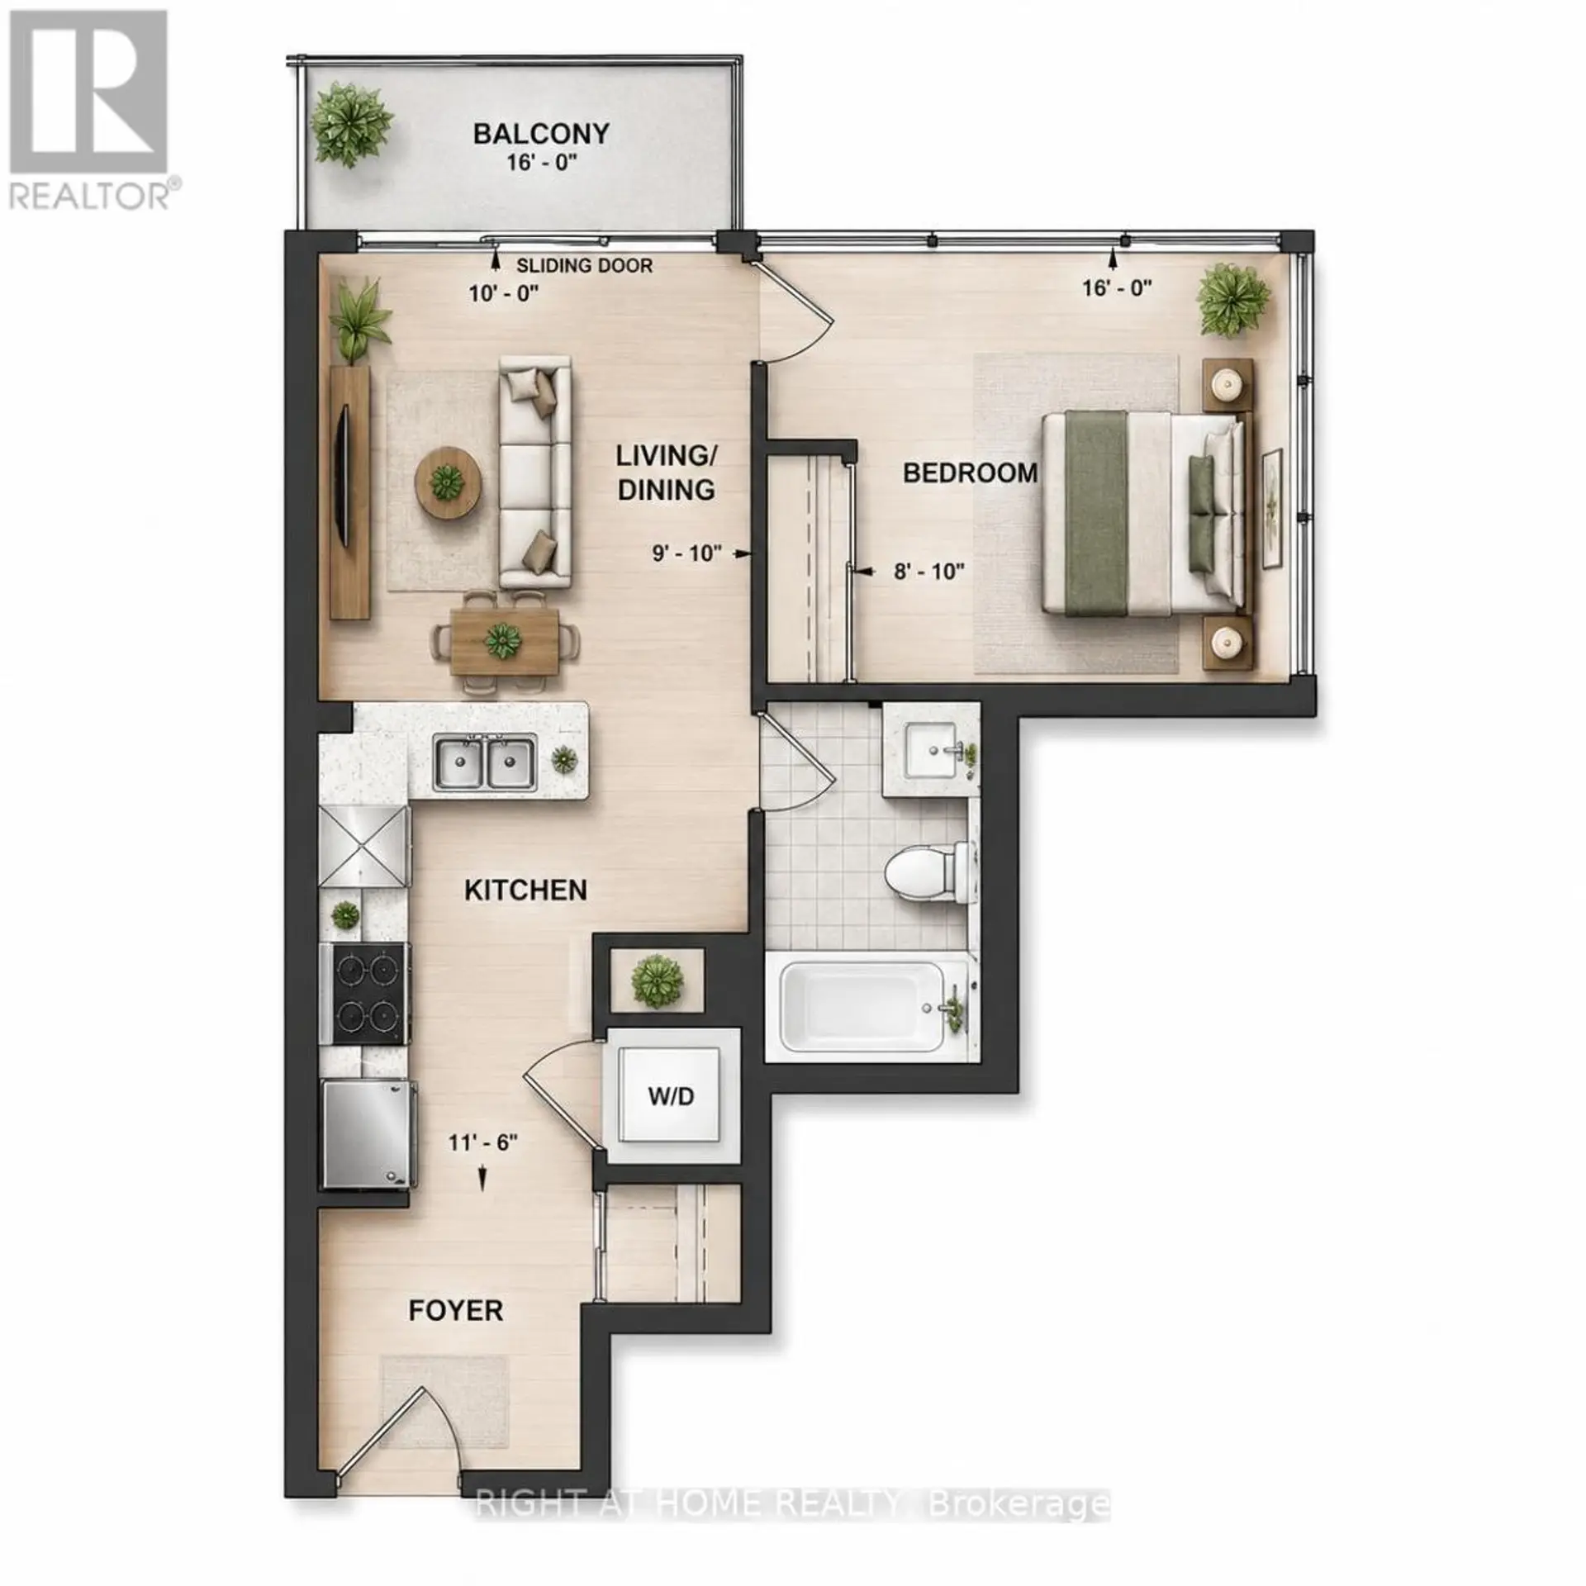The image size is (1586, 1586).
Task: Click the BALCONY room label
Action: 541,133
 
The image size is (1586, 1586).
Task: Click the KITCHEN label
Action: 525,890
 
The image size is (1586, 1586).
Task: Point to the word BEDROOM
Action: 970,472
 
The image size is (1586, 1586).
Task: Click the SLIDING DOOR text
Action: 584,266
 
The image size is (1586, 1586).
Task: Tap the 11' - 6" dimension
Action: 483,1142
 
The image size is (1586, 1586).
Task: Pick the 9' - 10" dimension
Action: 687,553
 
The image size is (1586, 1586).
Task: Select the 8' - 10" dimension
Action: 929,571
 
